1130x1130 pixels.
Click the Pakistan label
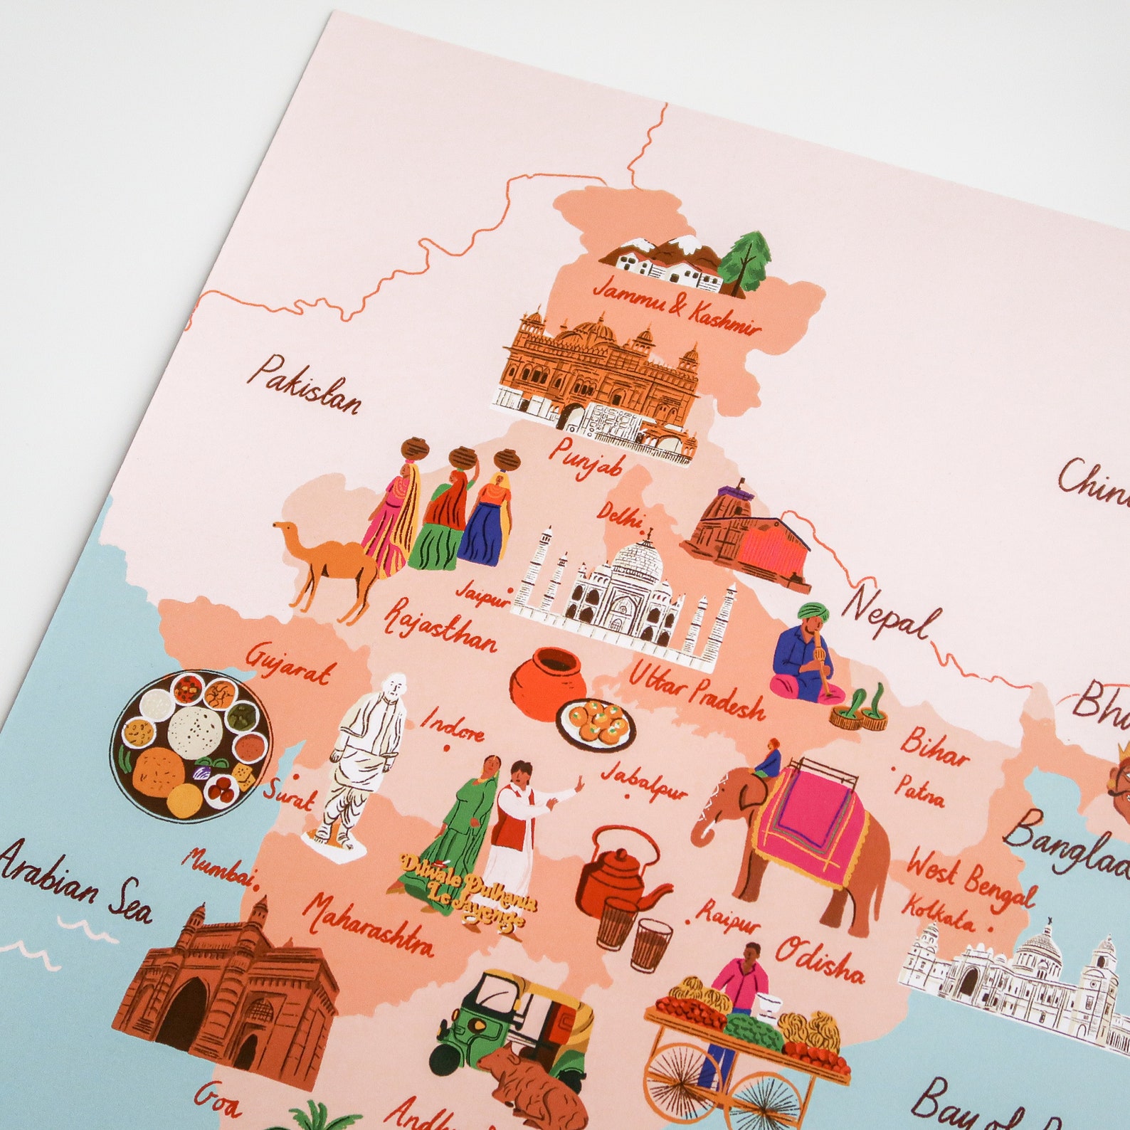click(x=304, y=385)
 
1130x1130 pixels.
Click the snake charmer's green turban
click(x=810, y=612)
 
